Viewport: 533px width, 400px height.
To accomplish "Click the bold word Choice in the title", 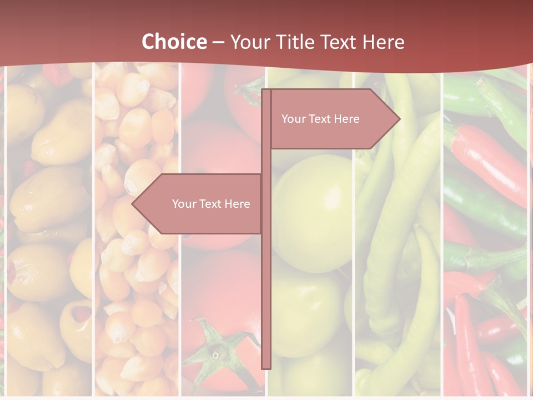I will pos(173,42).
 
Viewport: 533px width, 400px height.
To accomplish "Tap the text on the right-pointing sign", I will pos(320,119).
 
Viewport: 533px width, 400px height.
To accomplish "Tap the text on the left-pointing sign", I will pos(211,204).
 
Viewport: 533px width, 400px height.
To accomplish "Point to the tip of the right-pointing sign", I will pos(399,119).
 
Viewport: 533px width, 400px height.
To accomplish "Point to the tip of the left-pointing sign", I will pos(133,204).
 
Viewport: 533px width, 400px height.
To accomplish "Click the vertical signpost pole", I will pos(266,278).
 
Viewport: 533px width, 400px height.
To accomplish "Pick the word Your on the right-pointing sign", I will pos(293,119).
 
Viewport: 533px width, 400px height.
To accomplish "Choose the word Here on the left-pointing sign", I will pos(237,204).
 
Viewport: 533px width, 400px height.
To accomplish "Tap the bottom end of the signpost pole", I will pos(266,367).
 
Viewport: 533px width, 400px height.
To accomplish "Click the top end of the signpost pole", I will pos(266,91).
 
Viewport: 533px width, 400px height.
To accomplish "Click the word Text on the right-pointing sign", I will pos(320,119).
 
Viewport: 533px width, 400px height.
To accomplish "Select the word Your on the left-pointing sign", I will pos(184,204).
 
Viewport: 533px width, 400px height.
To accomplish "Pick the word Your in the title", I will pos(248,42).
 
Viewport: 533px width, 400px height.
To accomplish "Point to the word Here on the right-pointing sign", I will pos(346,119).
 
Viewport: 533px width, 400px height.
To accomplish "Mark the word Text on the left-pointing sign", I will pos(210,204).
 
